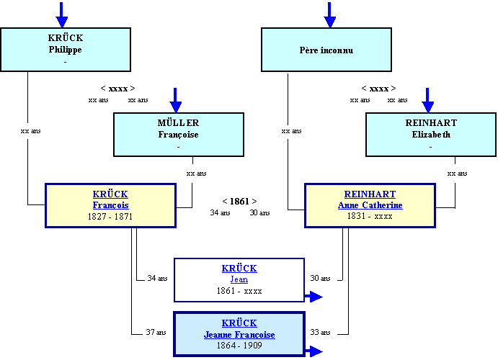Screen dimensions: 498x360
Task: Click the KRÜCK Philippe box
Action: (66, 50)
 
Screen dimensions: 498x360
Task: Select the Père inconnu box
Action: (326, 50)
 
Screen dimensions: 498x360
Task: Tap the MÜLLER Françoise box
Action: (179, 135)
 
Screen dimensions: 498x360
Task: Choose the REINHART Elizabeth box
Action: (431, 135)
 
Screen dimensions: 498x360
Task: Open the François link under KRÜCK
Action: (110, 205)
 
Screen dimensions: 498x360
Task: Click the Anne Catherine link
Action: (370, 205)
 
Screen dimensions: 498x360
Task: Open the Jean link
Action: (239, 279)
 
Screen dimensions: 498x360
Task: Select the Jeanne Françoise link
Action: (239, 335)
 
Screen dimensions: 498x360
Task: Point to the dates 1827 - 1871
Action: (110, 216)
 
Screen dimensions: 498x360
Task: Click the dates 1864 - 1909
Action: (239, 346)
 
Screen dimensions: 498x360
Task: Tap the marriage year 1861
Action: (239, 202)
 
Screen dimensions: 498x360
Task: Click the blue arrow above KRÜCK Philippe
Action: (61, 14)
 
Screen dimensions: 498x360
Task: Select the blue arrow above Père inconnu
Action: (329, 14)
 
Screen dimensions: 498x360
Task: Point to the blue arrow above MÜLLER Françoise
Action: (175, 100)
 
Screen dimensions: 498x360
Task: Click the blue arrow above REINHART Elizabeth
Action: (427, 100)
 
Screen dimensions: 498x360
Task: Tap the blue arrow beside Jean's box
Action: (314, 297)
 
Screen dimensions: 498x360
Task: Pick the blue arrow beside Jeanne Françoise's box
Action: (314, 351)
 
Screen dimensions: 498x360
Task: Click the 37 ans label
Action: (156, 332)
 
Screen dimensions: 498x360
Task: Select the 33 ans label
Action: (320, 332)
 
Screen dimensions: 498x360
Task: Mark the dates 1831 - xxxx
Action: (370, 216)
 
